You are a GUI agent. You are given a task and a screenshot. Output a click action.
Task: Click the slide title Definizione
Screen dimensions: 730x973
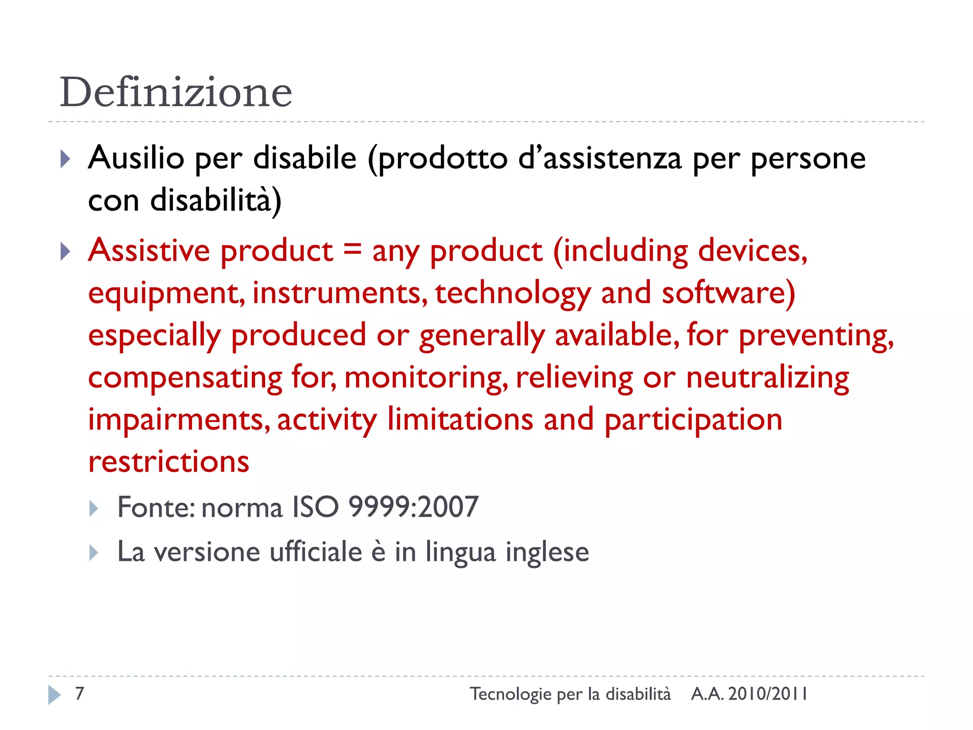[x=176, y=92]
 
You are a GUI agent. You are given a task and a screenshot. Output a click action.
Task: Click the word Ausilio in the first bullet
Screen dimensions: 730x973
[x=136, y=158]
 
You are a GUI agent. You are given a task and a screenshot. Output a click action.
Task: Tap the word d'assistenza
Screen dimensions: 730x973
[x=600, y=158]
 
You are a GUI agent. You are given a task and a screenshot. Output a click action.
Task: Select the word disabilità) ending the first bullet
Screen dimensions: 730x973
[x=216, y=201]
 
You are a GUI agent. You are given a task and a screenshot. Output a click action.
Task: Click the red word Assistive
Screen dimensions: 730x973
[x=149, y=250]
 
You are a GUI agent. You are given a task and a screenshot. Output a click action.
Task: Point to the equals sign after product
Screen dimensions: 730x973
[x=352, y=249]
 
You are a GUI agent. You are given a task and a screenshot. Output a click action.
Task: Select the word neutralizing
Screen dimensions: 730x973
[x=767, y=378]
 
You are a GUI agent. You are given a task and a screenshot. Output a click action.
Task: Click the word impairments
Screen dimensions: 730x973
[x=179, y=420]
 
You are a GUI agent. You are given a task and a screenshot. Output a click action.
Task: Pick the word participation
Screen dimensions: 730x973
[x=693, y=420]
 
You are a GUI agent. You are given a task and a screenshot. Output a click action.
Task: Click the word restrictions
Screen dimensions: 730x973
[x=169, y=461]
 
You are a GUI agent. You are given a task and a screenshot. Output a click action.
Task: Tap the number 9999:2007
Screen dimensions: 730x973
[x=413, y=507]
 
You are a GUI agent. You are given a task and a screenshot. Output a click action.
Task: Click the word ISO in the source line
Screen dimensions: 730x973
[x=315, y=507]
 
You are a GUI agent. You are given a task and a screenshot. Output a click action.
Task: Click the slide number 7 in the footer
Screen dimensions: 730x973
[x=80, y=693]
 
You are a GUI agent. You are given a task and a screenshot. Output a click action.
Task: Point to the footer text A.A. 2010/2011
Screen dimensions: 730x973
[x=749, y=694]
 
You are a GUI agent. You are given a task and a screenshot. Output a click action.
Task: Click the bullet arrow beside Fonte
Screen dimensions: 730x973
[x=94, y=509]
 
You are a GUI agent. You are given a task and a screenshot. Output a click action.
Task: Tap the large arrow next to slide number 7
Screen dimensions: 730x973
[x=54, y=695]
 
